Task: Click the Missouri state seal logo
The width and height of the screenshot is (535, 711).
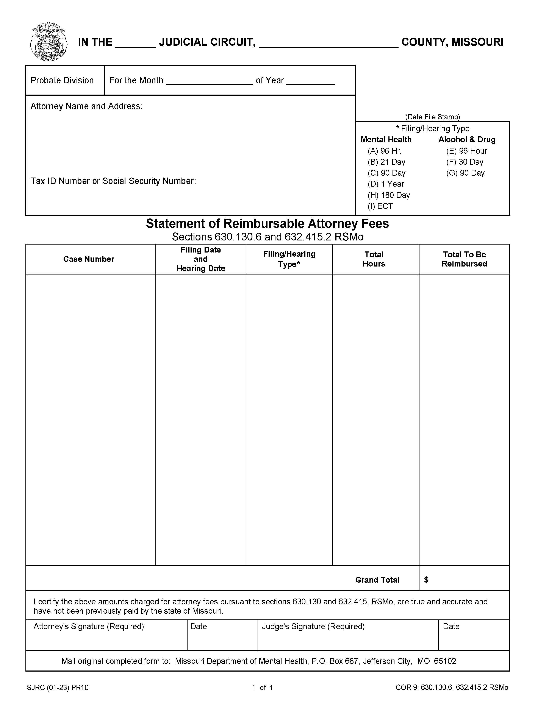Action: tap(48, 41)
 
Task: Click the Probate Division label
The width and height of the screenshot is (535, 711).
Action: tap(62, 80)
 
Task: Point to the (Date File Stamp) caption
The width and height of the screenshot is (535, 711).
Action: tap(432, 117)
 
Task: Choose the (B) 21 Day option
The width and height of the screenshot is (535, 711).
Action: tap(386, 162)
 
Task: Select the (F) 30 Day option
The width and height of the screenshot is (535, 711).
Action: tap(464, 162)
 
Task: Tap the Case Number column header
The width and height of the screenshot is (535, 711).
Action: tap(88, 259)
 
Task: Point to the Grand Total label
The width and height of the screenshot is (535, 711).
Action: tap(377, 580)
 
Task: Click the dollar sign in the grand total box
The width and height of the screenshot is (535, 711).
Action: tap(426, 580)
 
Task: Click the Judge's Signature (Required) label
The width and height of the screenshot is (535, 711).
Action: tap(313, 627)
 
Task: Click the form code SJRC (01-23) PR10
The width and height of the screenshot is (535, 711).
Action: tap(58, 688)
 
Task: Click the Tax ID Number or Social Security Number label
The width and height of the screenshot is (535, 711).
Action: tap(113, 181)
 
